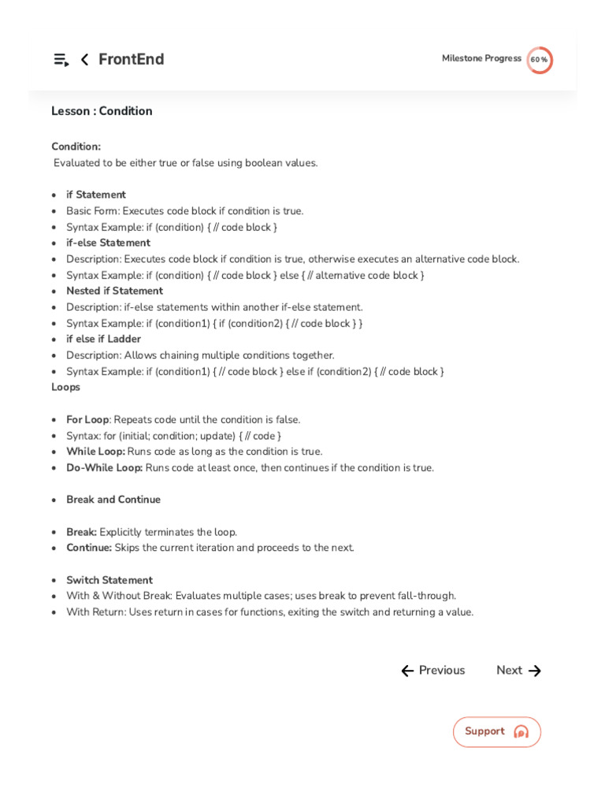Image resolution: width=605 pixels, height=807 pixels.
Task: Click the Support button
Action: (x=496, y=732)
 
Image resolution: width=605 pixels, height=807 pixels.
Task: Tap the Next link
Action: (x=518, y=671)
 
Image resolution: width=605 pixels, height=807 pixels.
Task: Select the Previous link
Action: (x=432, y=671)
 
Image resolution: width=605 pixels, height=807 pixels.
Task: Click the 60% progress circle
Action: (x=540, y=60)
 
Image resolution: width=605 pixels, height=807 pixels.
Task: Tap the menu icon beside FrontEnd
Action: (x=61, y=60)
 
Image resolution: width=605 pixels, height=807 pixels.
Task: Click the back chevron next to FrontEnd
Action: (x=84, y=60)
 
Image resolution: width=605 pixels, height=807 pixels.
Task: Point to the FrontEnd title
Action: (x=131, y=60)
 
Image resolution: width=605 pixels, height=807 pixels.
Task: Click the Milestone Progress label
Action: (x=481, y=58)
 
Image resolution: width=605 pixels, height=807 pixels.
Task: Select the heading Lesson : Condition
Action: (x=102, y=111)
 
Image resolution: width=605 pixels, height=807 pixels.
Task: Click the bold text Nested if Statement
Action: (x=114, y=291)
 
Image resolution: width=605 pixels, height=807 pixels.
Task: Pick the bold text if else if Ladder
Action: (x=103, y=339)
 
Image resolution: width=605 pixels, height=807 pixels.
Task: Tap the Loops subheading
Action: (x=65, y=387)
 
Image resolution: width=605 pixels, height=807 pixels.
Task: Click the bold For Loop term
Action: (x=87, y=419)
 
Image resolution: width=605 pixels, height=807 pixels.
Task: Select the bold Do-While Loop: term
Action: (x=104, y=467)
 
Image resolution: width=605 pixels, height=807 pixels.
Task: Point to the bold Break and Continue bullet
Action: (x=113, y=500)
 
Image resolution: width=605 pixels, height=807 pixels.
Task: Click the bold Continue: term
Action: (x=89, y=548)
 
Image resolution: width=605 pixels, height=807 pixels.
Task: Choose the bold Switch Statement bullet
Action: (x=109, y=580)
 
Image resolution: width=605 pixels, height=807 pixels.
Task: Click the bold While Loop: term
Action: (x=95, y=452)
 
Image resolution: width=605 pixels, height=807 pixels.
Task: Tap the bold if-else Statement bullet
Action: (x=108, y=243)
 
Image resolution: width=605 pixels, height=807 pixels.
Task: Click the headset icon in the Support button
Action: (x=521, y=732)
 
